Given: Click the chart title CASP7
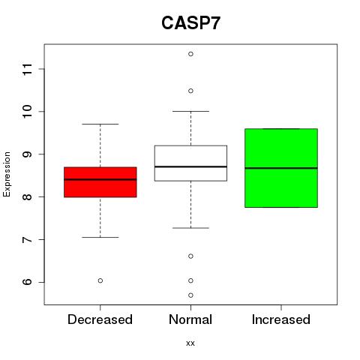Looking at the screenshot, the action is [x=190, y=23].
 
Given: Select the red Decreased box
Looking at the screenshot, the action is [x=100, y=182].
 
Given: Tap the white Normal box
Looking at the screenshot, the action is [x=190, y=163].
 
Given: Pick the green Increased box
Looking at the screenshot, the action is [x=281, y=168].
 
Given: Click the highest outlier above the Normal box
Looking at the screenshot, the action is [x=190, y=54].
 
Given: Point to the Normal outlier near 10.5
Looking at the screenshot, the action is [x=190, y=91].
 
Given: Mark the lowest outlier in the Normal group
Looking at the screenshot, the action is [x=190, y=295].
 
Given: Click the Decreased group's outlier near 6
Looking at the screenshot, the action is [x=100, y=280].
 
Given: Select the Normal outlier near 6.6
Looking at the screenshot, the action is [x=190, y=256].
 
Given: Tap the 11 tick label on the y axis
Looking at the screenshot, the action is [x=28, y=69].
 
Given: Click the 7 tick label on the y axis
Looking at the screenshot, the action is [x=28, y=240].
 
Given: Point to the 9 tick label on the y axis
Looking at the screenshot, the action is [x=28, y=154].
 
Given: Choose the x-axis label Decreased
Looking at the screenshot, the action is [x=100, y=319].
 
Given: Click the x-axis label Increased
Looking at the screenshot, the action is [x=281, y=319].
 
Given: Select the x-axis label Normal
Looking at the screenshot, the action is [x=190, y=319].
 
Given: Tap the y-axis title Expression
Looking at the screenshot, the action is [x=7, y=174].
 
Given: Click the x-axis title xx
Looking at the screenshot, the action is [x=190, y=343].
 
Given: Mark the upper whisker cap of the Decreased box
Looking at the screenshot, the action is [x=100, y=124].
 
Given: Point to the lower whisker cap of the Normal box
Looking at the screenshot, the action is [x=190, y=228].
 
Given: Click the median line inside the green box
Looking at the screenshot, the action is [x=281, y=168].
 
